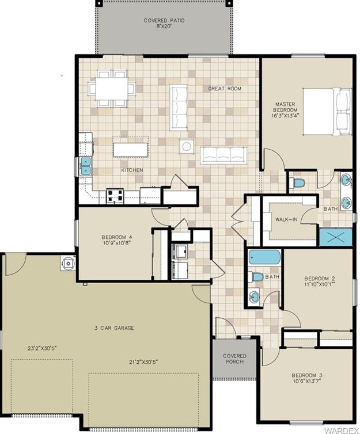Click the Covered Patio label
click(x=164, y=21)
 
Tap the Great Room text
click(x=225, y=89)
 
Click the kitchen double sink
click(x=86, y=166)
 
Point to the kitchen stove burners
click(x=115, y=195)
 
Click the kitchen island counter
click(x=130, y=150)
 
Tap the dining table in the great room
click(x=112, y=89)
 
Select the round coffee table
click(x=187, y=146)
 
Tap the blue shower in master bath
click(x=336, y=237)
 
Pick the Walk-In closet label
click(x=286, y=219)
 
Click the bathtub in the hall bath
click(x=264, y=257)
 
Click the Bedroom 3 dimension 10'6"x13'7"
click(x=307, y=381)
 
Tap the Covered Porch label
click(x=234, y=359)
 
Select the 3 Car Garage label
click(x=114, y=328)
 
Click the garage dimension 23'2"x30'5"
click(x=43, y=348)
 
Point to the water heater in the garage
click(x=67, y=263)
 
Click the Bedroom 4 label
click(x=116, y=237)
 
